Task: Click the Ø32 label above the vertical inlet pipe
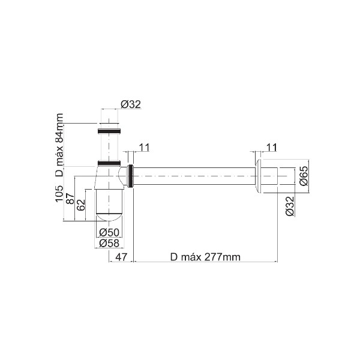click(x=130, y=104)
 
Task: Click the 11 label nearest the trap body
click(x=145, y=146)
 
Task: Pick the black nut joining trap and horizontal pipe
click(x=130, y=176)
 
